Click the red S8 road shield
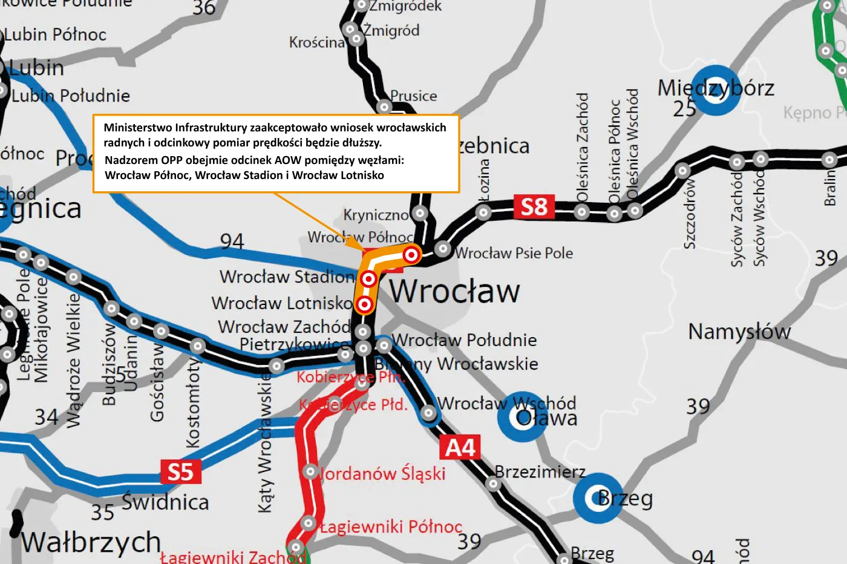(x=534, y=207)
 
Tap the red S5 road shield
(x=180, y=472)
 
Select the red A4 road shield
(x=460, y=448)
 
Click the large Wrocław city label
(x=454, y=291)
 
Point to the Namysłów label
(x=739, y=332)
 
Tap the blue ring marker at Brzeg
(x=598, y=498)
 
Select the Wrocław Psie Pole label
(x=514, y=253)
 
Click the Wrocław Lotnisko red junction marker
(x=364, y=304)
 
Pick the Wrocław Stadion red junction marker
(x=368, y=279)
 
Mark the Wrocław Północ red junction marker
(x=411, y=254)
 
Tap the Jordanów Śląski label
(x=382, y=473)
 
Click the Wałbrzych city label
(x=91, y=542)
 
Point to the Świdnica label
(x=165, y=502)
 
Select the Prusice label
(x=414, y=96)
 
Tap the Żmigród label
(x=391, y=30)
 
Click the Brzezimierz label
(x=540, y=471)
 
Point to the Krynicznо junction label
(x=376, y=215)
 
